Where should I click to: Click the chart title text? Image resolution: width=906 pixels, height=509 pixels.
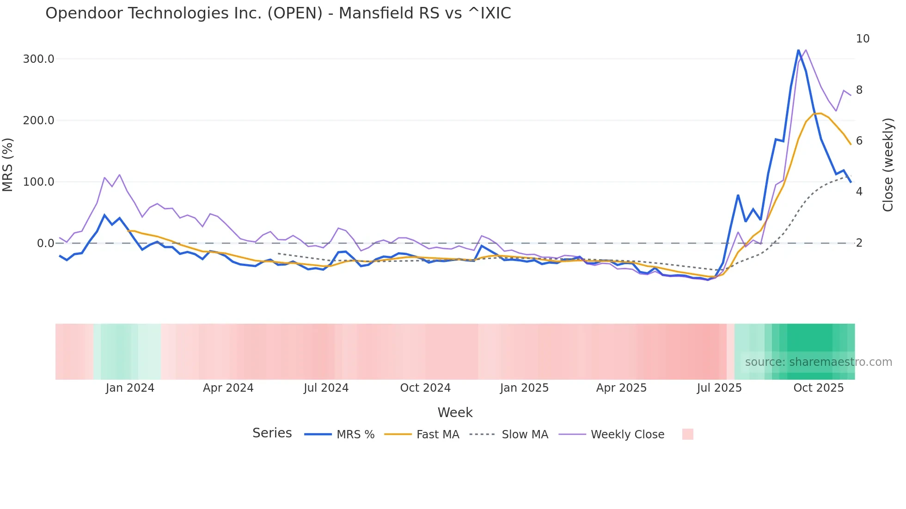[x=278, y=13]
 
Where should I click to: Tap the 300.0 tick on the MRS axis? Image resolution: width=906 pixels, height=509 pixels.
[x=38, y=59]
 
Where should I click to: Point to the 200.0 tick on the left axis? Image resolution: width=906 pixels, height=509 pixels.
[x=38, y=121]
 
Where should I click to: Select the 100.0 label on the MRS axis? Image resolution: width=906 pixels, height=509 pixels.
[x=38, y=182]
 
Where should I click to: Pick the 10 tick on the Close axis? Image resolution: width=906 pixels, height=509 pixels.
[x=863, y=39]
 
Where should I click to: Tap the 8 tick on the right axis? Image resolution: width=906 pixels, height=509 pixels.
[x=859, y=90]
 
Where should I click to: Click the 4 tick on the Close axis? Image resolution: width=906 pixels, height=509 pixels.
[x=859, y=192]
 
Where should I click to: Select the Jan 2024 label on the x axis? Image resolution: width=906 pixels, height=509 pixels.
[x=130, y=388]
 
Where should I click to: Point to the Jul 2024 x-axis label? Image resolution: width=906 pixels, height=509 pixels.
[x=326, y=388]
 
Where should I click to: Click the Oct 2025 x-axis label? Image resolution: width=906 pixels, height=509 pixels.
[x=819, y=388]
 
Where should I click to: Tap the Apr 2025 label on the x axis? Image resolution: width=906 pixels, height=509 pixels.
[x=621, y=388]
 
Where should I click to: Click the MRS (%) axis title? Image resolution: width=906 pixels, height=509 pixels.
[x=8, y=164]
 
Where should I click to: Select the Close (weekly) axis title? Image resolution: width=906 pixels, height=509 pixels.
[x=888, y=165]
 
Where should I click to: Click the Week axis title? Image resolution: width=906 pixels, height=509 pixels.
[x=455, y=412]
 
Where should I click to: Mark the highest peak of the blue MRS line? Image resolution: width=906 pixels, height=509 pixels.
[x=798, y=49]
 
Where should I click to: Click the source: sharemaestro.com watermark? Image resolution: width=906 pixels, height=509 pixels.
[x=818, y=362]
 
